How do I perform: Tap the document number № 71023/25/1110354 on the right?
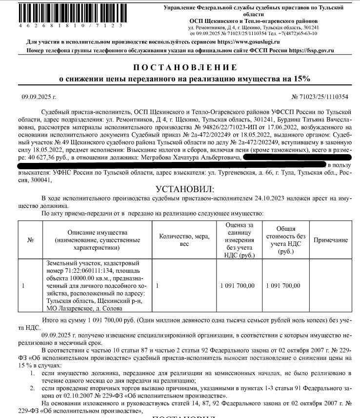320,98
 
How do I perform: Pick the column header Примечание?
330,240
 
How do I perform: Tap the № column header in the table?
30,240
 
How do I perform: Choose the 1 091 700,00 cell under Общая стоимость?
283,285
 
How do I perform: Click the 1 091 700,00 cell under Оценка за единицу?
237,285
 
